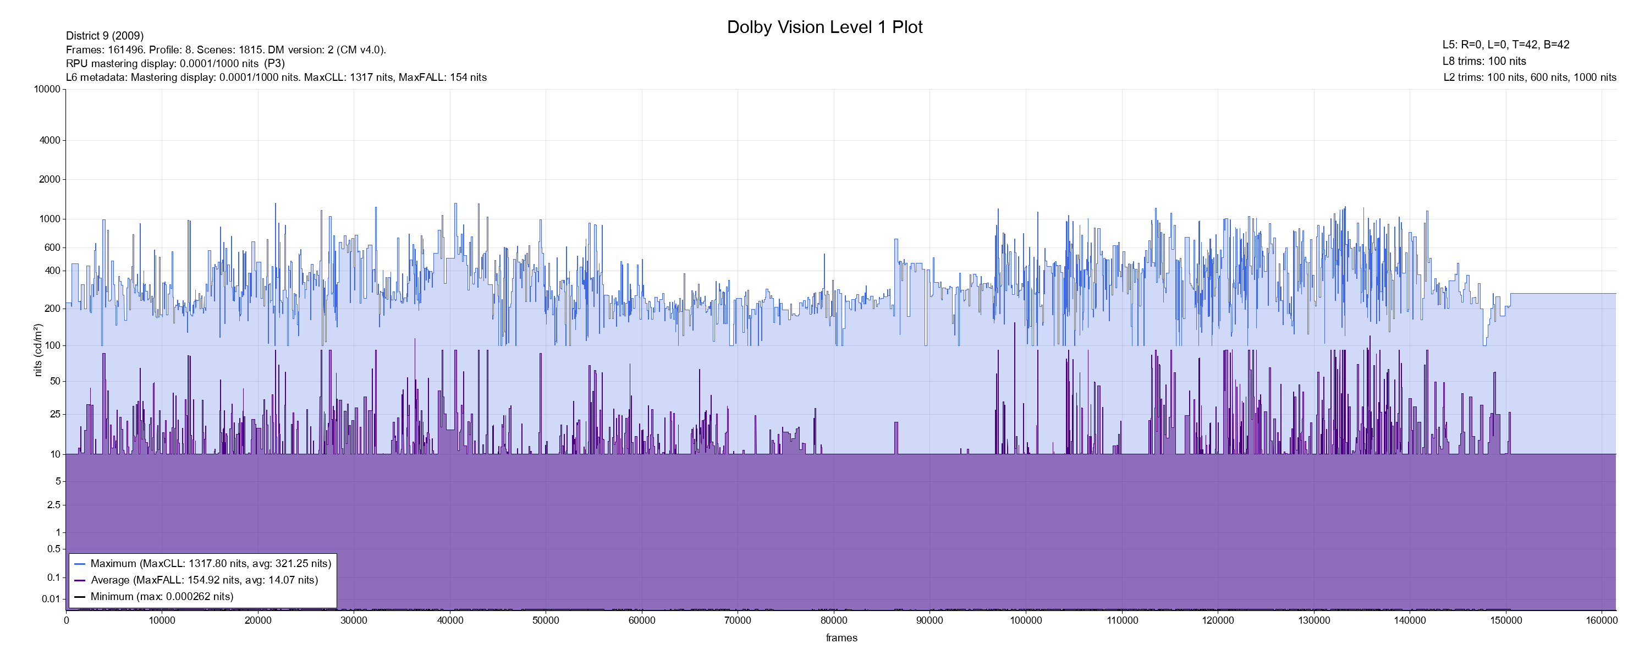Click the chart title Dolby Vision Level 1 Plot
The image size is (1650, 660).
pos(824,28)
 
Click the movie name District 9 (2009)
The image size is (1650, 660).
pos(105,36)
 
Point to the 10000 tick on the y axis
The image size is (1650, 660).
pos(47,89)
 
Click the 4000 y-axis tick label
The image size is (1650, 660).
pos(50,140)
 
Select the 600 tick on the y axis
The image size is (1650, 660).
pos(52,248)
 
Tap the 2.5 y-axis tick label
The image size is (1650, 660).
pos(54,505)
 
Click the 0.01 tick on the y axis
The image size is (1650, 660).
pos(51,599)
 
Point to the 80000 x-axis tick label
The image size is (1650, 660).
pos(833,620)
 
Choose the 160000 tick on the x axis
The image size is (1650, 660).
pos(1601,620)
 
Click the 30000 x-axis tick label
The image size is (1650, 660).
pos(354,620)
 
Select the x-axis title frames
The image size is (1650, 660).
pos(841,637)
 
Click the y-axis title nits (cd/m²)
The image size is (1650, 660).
pos(38,350)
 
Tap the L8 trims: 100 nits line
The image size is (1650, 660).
pos(1484,62)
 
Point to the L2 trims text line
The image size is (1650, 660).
pos(1530,78)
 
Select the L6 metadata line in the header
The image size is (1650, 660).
pos(276,78)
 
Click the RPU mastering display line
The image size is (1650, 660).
pos(175,63)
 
